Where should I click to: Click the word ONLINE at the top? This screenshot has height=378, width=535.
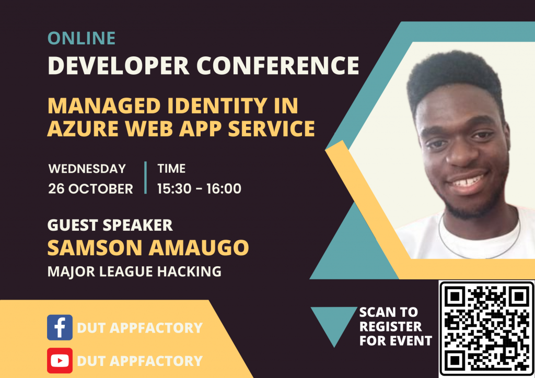coord(82,38)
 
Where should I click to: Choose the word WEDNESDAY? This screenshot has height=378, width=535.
coord(87,169)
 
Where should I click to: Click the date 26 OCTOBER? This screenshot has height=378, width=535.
coord(90,188)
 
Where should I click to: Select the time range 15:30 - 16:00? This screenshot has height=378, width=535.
coord(199,188)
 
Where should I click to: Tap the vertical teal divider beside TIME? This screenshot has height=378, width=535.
coord(145,178)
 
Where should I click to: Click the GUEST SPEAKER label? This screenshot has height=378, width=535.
coord(110,225)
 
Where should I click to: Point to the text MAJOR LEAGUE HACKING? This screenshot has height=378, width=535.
coord(134,271)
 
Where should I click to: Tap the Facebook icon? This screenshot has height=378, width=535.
coord(60,327)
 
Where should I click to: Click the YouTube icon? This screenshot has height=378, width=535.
coord(60,360)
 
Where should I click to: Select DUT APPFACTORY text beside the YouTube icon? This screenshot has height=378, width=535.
coord(139,361)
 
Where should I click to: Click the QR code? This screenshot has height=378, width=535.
coord(486,328)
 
